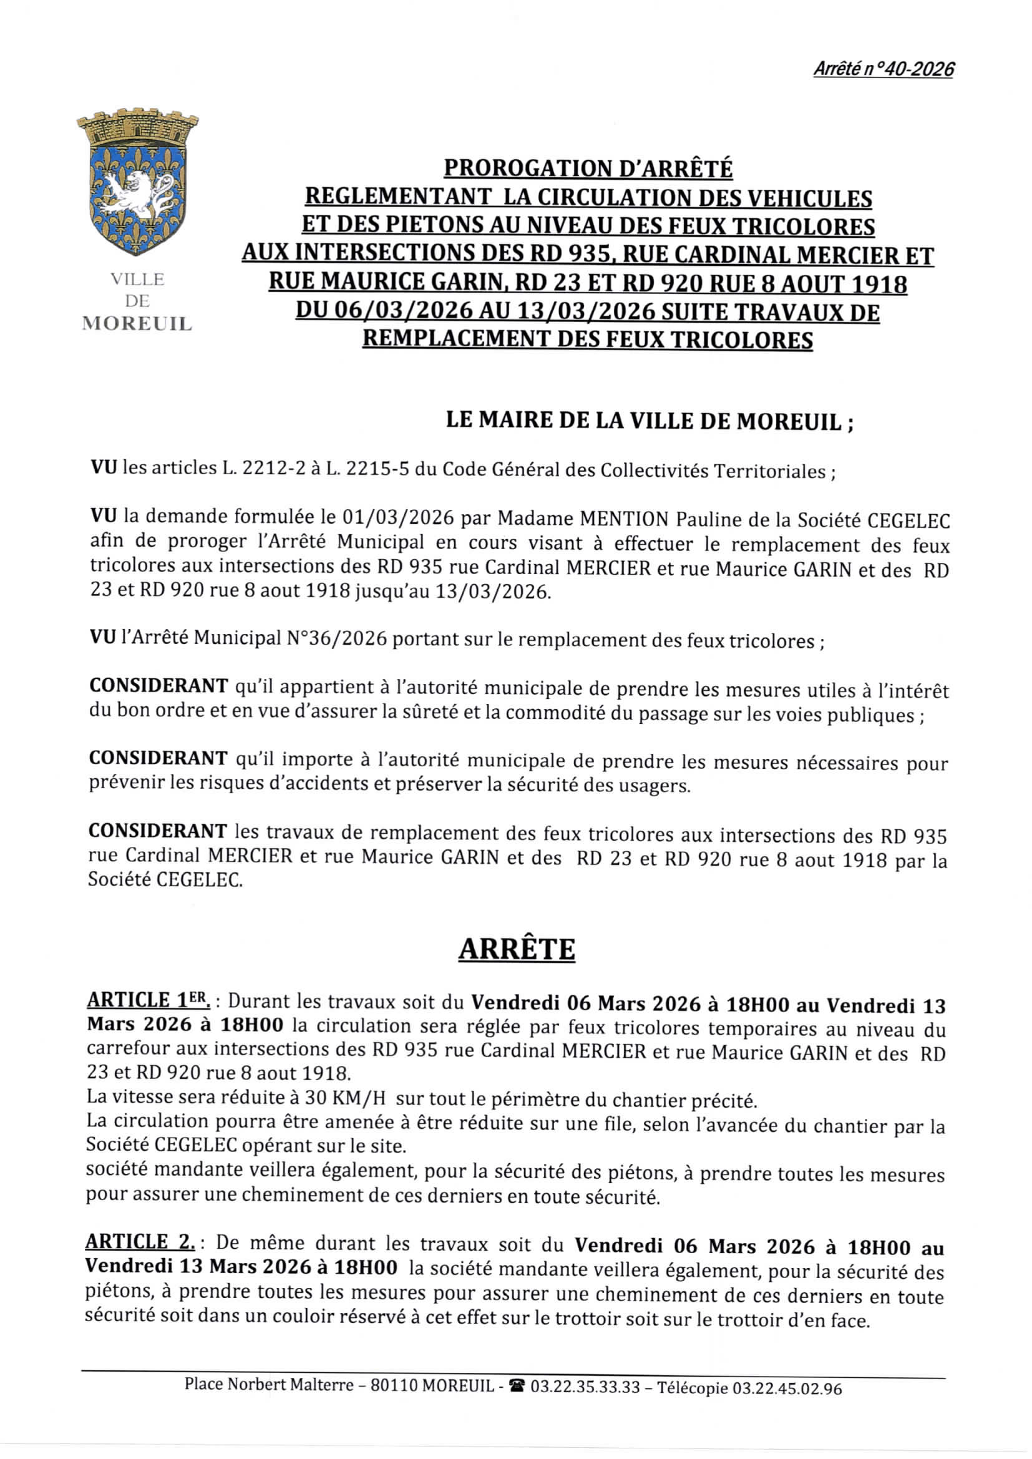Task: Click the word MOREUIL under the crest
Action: [137, 324]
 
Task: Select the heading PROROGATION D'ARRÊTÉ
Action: [588, 169]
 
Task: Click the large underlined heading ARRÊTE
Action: [517, 949]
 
